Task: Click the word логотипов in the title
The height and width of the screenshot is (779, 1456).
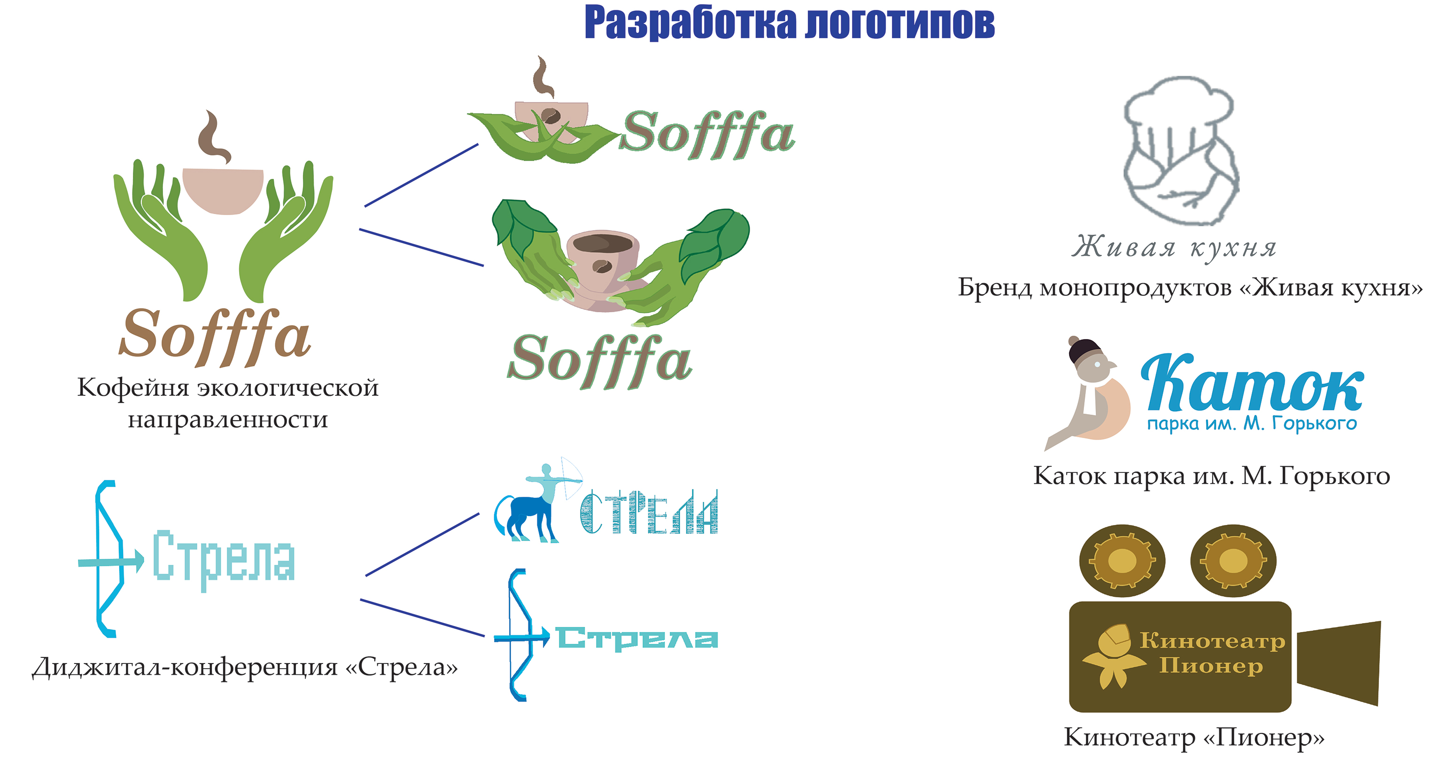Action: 900,23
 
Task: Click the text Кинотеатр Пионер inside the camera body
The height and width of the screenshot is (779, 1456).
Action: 1212,654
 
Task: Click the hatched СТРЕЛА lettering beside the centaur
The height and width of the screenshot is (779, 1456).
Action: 649,512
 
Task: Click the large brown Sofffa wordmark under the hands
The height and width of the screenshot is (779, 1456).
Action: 215,336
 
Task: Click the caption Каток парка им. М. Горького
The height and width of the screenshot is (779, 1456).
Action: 1211,476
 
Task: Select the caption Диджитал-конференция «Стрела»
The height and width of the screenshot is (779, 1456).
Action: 245,668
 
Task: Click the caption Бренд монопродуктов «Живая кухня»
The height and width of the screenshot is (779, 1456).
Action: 1190,287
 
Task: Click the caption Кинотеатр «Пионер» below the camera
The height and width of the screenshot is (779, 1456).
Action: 1194,737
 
